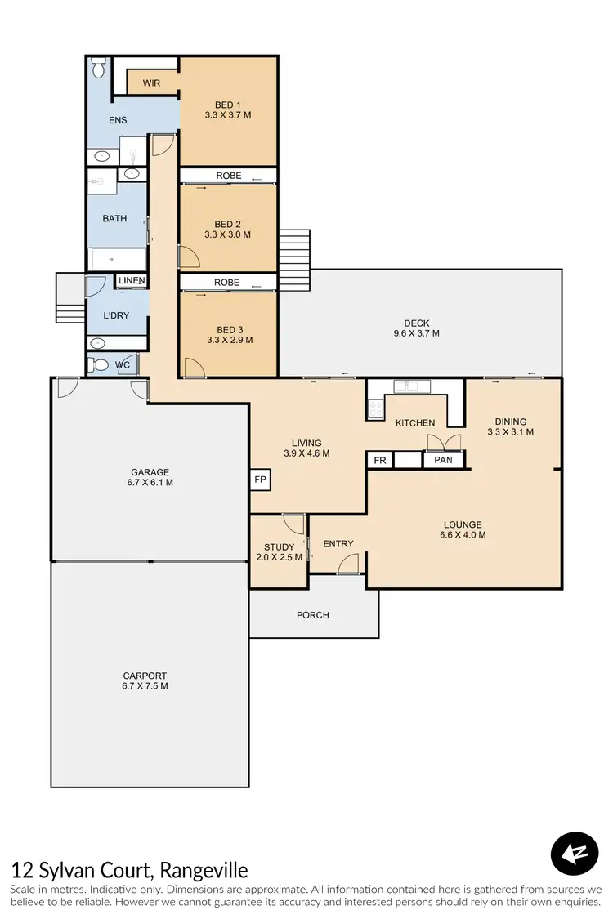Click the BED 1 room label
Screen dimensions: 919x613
[228, 104]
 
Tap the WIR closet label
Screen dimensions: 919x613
[151, 83]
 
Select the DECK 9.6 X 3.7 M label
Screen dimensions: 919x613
[416, 328]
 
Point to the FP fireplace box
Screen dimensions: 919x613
[260, 480]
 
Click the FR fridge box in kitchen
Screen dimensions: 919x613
[380, 461]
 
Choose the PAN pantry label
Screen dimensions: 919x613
[443, 461]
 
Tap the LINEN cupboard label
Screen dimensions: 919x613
[132, 281]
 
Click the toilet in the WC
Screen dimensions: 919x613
[101, 365]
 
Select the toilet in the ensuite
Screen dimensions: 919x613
[98, 68]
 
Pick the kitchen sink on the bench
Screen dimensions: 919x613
[406, 386]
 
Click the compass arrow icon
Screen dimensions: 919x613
[575, 854]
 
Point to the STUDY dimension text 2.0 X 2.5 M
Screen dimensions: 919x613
[279, 557]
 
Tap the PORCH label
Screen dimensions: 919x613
[313, 615]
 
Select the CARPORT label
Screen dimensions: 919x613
[145, 676]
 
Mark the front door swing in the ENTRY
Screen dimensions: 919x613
[350, 564]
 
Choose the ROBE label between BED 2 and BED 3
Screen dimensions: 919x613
[227, 282]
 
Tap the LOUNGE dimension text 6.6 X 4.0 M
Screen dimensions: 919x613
[463, 536]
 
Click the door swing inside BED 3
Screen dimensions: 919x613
[194, 368]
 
